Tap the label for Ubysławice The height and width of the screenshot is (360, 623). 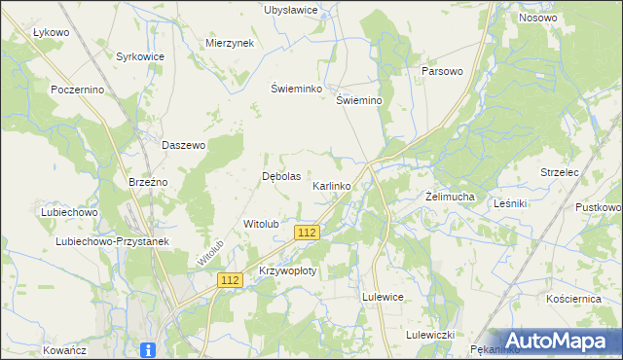point(291,10)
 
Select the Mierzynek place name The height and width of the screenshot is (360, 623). point(230,44)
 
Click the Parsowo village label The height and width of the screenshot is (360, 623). point(441,72)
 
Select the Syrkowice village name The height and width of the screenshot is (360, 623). point(140,57)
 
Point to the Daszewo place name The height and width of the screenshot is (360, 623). point(184,145)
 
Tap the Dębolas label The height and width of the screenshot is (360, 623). point(282,177)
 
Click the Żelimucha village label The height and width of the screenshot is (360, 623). point(450,197)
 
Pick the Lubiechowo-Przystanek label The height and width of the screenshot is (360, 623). point(99,241)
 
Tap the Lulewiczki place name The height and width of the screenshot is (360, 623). point(430,335)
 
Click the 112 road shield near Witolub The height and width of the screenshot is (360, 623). point(307,233)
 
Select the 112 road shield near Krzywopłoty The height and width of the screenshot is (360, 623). point(229,280)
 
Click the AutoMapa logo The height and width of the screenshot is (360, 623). point(564,340)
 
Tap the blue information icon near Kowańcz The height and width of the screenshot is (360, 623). point(148,350)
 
